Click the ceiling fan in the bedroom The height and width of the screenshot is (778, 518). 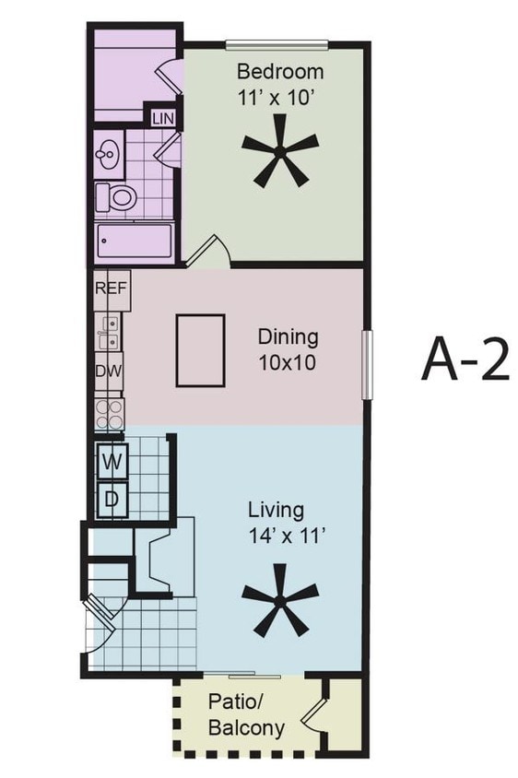(280, 157)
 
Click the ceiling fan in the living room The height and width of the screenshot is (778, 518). (280, 607)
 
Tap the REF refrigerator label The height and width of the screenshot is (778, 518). (110, 288)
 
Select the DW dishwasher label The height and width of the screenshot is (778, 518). (109, 371)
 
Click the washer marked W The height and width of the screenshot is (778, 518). (112, 462)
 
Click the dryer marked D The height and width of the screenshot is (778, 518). (112, 500)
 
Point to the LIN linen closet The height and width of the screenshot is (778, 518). (163, 118)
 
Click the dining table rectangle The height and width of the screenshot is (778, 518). (200, 350)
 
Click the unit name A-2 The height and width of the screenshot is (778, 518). (465, 360)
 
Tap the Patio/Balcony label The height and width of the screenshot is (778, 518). (245, 713)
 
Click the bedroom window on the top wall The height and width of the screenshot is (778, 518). (277, 42)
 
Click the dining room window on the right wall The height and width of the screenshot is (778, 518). (366, 365)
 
